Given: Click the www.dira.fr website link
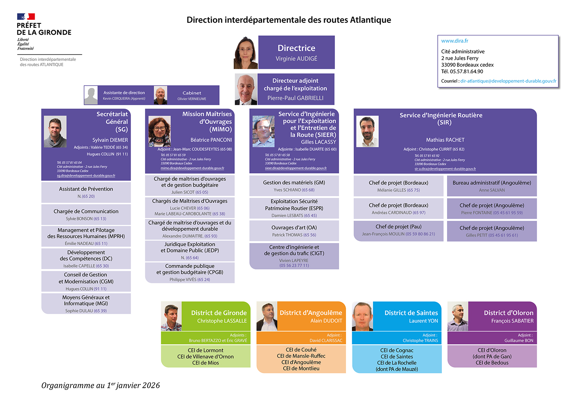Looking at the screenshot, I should [x=455, y=41].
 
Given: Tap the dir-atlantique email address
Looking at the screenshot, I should [x=508, y=81].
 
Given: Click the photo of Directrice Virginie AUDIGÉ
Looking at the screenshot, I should [x=245, y=52].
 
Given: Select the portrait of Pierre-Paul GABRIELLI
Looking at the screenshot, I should [x=246, y=89].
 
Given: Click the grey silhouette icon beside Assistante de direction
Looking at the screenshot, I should [x=91, y=95].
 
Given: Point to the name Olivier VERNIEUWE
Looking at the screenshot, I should [x=192, y=99].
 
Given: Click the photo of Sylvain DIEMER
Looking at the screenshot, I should [x=55, y=131].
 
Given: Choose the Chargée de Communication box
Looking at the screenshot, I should [x=86, y=214].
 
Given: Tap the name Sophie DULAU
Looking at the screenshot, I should [x=79, y=311].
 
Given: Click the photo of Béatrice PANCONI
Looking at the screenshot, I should [x=160, y=131].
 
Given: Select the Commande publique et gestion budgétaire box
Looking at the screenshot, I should [x=190, y=273].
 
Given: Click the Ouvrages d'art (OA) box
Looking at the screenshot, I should [x=294, y=231].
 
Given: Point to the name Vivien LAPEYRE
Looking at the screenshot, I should [x=294, y=261].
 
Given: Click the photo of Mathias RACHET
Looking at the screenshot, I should [x=367, y=131].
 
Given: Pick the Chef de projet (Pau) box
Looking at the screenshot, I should [x=398, y=231].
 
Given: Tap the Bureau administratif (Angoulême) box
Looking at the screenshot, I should [x=492, y=186].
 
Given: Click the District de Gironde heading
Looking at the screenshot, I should [x=218, y=313].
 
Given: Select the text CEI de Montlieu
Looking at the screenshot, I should [x=301, y=369].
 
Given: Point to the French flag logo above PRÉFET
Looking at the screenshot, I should [x=26, y=17].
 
